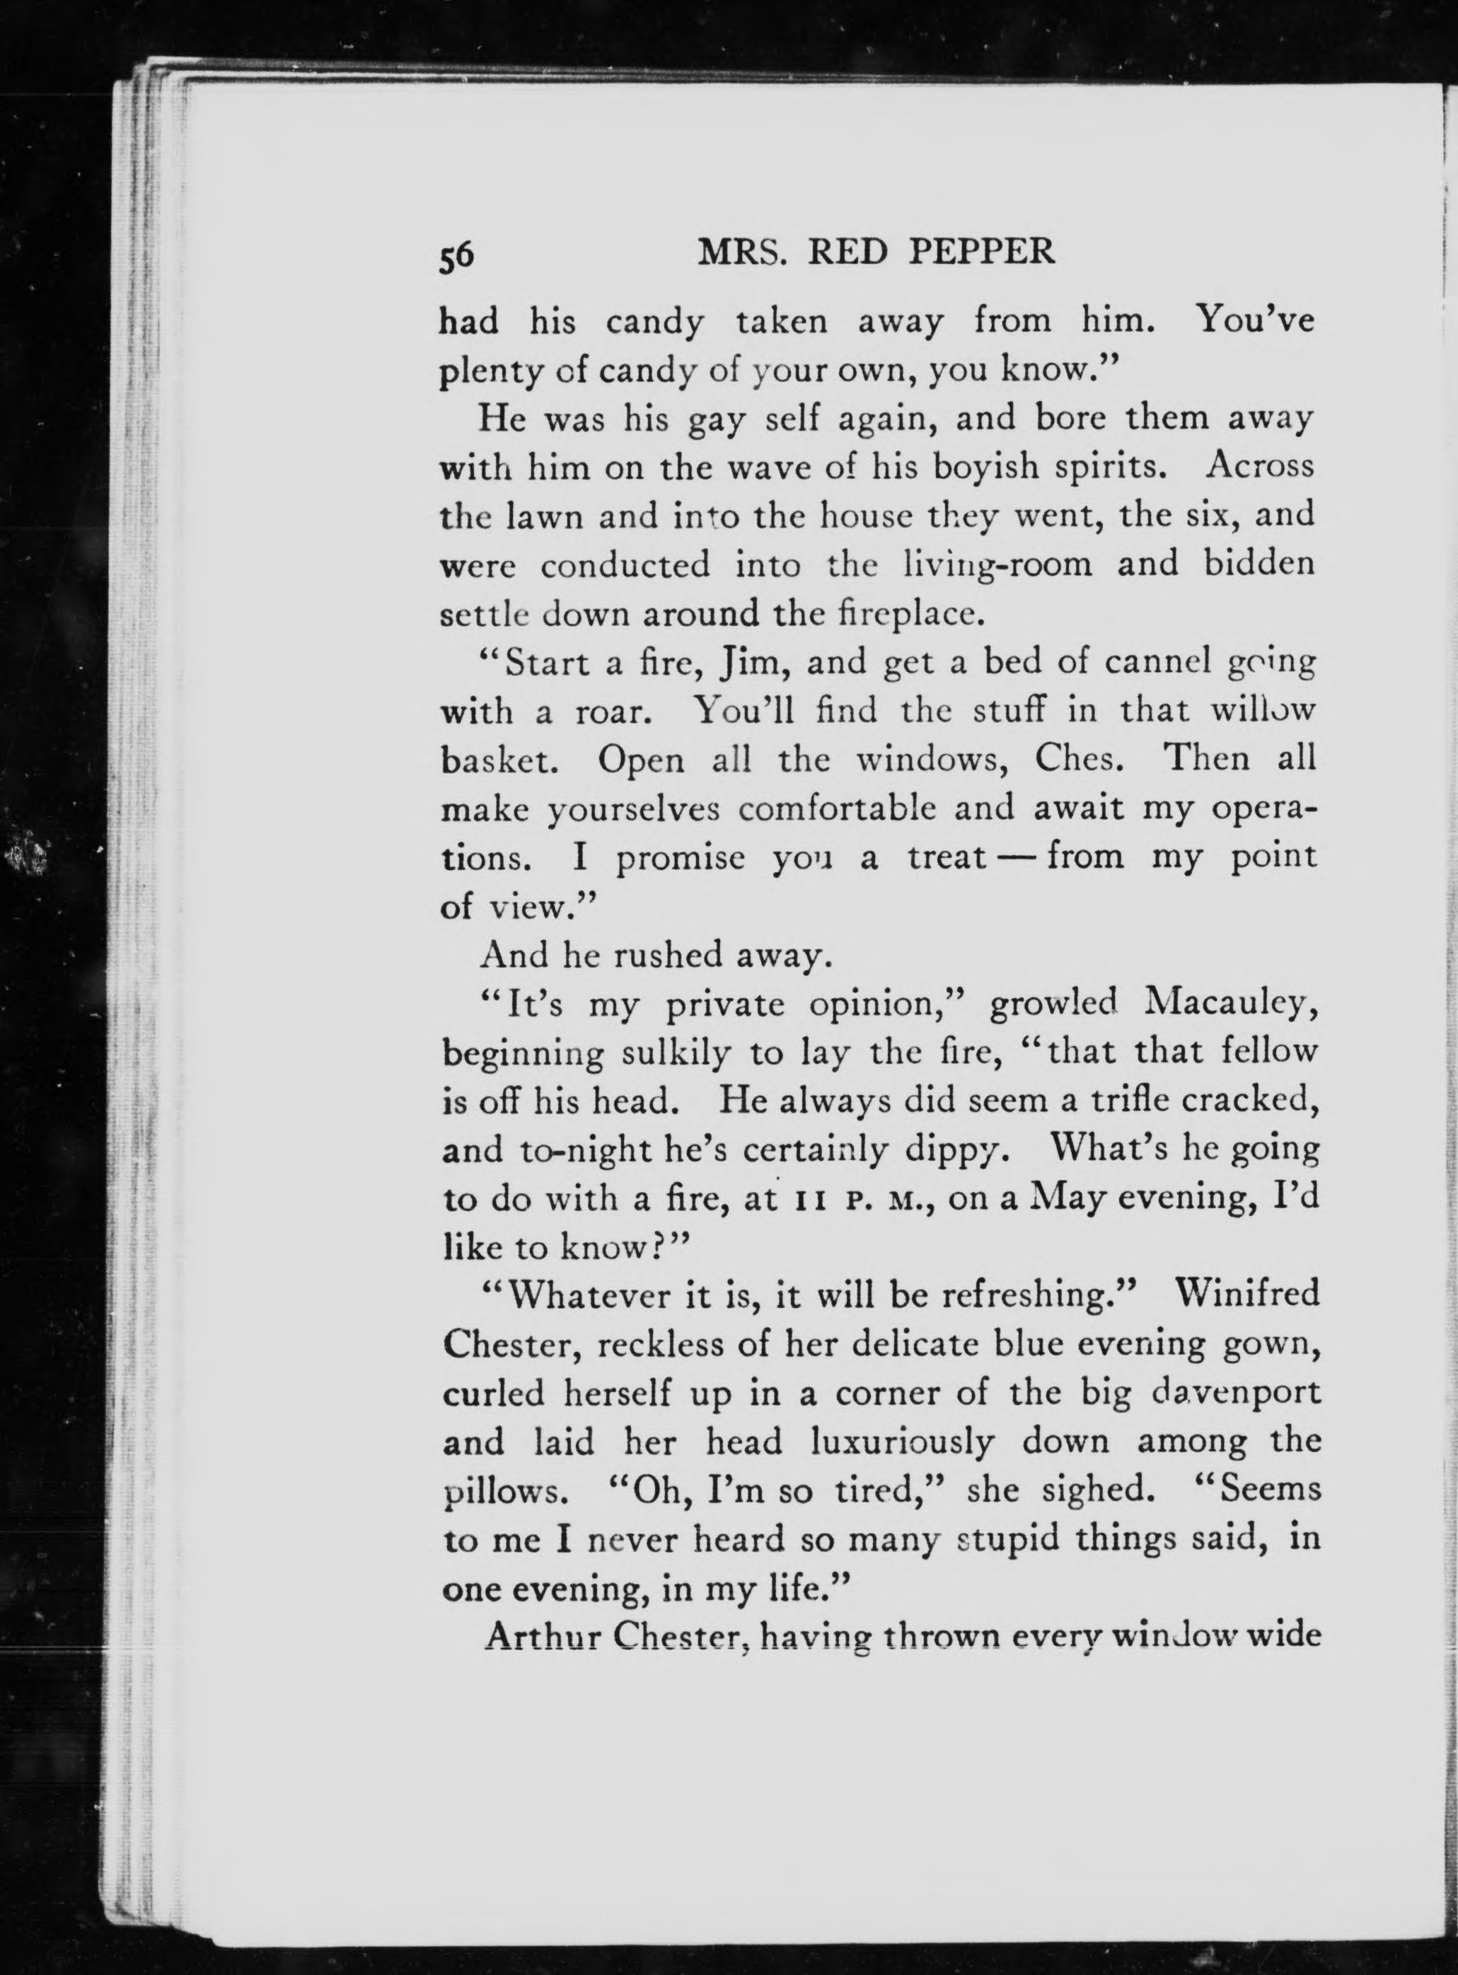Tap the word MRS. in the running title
coord(739,254)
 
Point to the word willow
coord(1262,710)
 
